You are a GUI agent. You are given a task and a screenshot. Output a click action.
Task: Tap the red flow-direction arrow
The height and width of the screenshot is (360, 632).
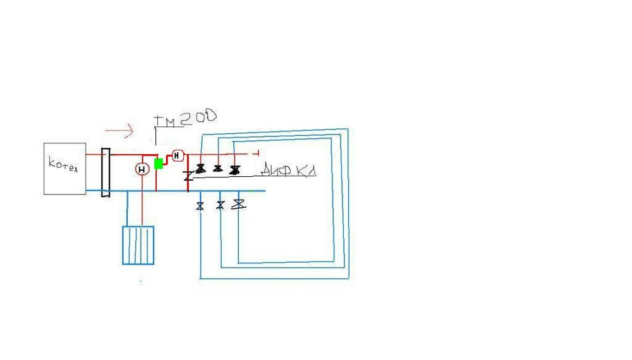pos(119,131)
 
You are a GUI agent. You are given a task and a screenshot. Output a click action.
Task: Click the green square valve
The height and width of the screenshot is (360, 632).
pos(159,164)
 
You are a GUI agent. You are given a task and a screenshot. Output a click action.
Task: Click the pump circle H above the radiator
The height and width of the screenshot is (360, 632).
pos(142,168)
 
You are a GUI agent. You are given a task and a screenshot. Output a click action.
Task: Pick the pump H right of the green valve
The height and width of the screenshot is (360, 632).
pos(177,155)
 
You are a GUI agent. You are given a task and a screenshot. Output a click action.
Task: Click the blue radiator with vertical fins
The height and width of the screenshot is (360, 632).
pos(138,245)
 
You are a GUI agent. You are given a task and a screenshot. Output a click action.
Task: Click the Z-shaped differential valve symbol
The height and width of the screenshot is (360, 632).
pos(188,176)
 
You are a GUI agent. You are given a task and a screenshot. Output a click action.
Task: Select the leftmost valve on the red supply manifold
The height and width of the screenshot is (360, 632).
pos(200,169)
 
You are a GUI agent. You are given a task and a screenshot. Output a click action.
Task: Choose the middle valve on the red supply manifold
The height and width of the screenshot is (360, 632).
pos(218,169)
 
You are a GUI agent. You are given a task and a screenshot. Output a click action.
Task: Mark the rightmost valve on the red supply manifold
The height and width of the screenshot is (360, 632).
pos(235,169)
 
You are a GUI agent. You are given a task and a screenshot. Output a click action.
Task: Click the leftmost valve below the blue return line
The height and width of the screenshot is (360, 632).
pos(200,205)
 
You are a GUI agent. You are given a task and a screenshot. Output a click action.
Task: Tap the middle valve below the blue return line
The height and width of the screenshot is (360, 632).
pos(220,205)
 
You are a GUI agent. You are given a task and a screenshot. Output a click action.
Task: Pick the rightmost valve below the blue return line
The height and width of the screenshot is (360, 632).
pos(239,203)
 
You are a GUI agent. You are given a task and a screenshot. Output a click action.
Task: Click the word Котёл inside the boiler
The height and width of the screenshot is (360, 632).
pos(63,165)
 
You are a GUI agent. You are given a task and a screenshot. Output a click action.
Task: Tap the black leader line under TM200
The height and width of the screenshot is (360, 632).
pos(155,139)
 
